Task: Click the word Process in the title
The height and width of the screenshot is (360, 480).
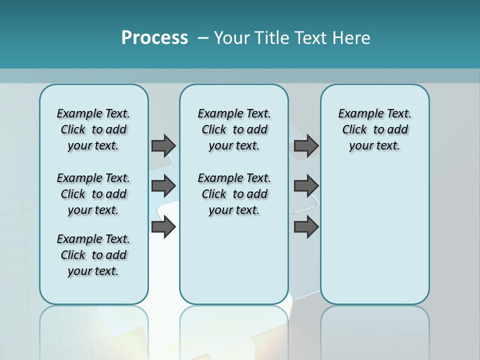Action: (x=154, y=38)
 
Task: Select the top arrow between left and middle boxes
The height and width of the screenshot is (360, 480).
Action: (x=163, y=145)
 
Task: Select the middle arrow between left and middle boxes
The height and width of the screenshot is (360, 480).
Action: (x=163, y=186)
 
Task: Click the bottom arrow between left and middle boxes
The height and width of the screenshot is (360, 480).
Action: (x=163, y=227)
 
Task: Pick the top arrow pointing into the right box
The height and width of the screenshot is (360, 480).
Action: (x=306, y=145)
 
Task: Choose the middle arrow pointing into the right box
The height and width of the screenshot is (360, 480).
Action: (x=306, y=186)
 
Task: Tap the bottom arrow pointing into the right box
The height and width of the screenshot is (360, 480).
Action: (x=306, y=227)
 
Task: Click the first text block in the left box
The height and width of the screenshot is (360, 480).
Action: (x=93, y=129)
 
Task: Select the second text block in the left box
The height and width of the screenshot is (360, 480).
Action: (x=93, y=194)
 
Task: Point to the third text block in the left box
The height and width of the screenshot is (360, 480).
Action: (x=93, y=255)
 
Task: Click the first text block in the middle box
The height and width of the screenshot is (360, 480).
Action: (x=234, y=129)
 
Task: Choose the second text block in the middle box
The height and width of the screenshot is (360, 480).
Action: (x=234, y=194)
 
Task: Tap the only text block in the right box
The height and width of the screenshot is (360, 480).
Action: (x=374, y=129)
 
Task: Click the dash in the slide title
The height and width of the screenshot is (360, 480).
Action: (x=203, y=38)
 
